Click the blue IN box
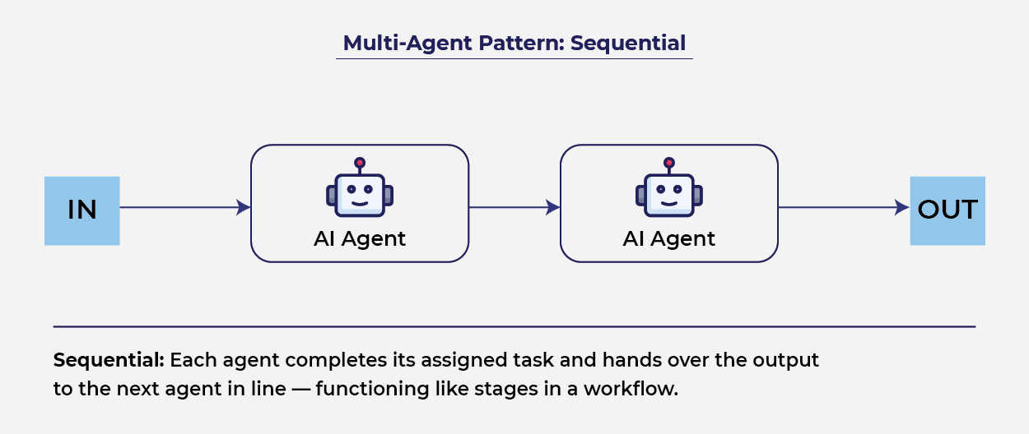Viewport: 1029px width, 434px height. [81, 210]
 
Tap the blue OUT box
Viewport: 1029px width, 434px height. [947, 210]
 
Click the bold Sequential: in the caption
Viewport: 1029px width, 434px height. [109, 361]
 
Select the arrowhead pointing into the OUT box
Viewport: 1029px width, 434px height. [902, 208]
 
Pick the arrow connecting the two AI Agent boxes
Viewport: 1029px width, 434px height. [514, 208]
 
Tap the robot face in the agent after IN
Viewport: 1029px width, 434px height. [360, 195]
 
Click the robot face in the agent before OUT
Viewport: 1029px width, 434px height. [669, 195]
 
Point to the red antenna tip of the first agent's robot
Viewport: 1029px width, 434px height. [360, 163]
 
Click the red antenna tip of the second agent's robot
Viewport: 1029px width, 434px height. [669, 163]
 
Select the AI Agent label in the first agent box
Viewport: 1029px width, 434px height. [360, 239]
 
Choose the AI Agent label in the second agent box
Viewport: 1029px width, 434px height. [669, 239]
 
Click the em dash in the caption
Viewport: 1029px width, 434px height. [300, 389]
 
